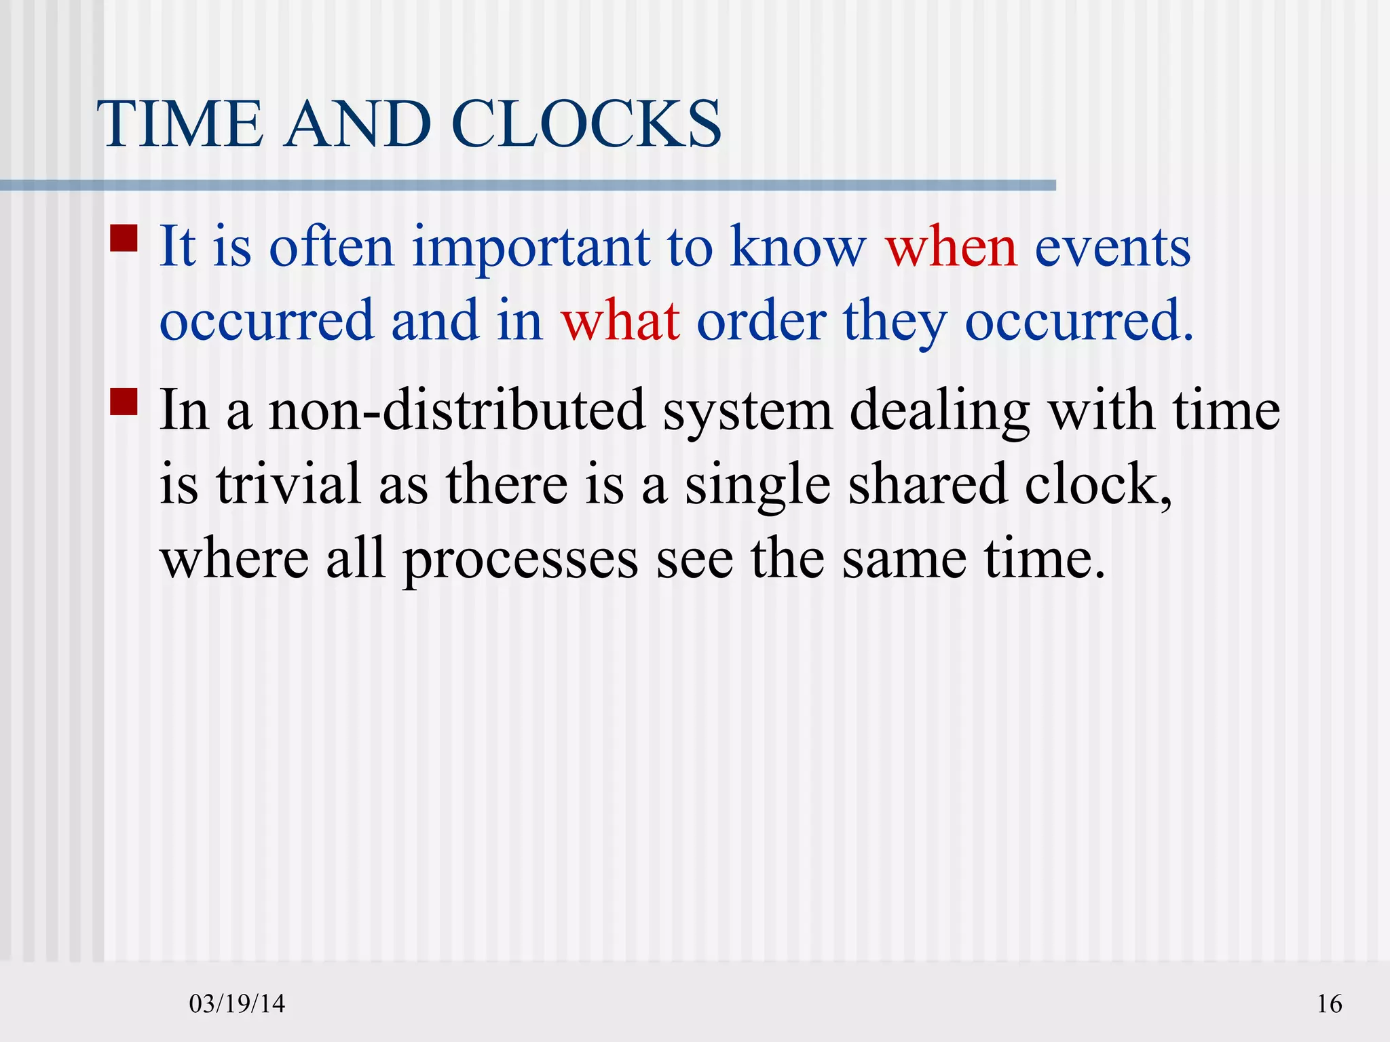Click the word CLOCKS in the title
(x=585, y=124)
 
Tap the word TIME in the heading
(x=181, y=124)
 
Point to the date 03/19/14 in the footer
(x=237, y=1003)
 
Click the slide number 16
(x=1329, y=1003)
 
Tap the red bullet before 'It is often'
(x=124, y=238)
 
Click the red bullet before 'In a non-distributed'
(x=124, y=402)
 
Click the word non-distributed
(x=457, y=410)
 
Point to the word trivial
(x=288, y=484)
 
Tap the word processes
(x=521, y=560)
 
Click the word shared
(x=928, y=484)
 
